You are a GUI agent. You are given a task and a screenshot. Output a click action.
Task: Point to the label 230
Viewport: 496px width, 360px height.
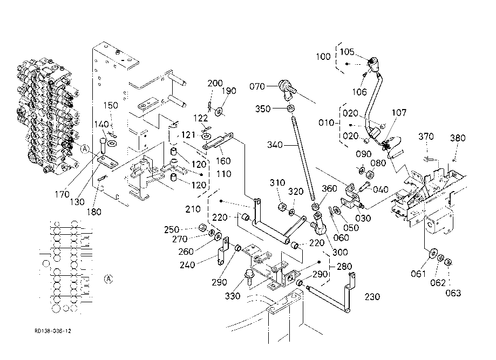(x=372, y=296)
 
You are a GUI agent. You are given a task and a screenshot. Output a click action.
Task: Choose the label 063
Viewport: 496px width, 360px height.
(x=453, y=293)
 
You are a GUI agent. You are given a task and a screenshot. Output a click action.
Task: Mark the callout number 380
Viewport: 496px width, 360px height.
(x=458, y=138)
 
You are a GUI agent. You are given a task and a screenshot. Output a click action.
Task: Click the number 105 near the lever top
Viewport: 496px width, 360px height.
(x=347, y=52)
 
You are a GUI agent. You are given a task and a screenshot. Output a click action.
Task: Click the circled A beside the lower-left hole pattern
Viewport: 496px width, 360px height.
(x=108, y=279)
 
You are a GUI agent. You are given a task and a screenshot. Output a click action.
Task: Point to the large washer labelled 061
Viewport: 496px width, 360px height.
(x=433, y=254)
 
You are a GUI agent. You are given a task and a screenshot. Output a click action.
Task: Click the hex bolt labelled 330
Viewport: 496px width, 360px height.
(x=249, y=276)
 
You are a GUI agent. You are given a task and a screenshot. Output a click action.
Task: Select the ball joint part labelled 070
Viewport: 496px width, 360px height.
(x=284, y=87)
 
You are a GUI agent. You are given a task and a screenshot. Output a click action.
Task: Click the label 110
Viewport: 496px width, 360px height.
(x=224, y=174)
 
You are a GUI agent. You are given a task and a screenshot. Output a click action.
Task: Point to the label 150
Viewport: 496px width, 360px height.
(x=110, y=105)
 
